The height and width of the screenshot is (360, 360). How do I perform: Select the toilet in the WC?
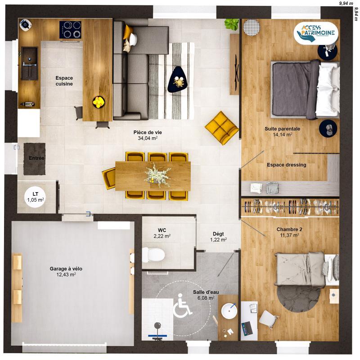click(153, 255)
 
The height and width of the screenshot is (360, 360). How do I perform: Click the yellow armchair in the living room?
click(222, 127)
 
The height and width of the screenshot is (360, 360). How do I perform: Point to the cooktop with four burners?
click(71, 30)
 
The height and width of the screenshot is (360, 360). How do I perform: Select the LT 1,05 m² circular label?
click(35, 197)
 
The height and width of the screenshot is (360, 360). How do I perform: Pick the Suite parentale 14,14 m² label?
click(282, 131)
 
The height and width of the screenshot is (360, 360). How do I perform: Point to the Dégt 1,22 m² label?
click(218, 237)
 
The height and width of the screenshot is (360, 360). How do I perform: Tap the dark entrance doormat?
click(35, 158)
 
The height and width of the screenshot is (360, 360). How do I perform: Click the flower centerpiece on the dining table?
click(157, 172)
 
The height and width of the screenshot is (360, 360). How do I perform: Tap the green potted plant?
click(232, 24)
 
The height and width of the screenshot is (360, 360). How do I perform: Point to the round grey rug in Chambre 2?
click(298, 295)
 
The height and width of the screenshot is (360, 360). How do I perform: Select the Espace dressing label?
click(286, 165)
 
